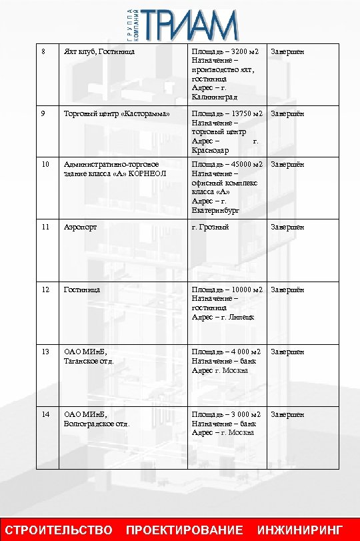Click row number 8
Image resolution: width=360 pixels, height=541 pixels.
pos(43,52)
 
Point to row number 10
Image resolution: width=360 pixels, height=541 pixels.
pos(45,164)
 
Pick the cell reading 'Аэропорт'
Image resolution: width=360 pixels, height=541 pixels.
pos(79,227)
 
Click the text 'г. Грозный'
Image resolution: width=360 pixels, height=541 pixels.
pos(210,227)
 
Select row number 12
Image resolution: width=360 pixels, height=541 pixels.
pos(45,290)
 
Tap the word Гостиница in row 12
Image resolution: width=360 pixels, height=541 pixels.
pos(81,290)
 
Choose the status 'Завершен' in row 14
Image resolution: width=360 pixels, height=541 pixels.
pos(287,414)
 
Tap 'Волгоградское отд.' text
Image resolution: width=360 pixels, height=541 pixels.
pos(97,423)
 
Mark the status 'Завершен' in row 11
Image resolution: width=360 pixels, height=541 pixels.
pos(287,227)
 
